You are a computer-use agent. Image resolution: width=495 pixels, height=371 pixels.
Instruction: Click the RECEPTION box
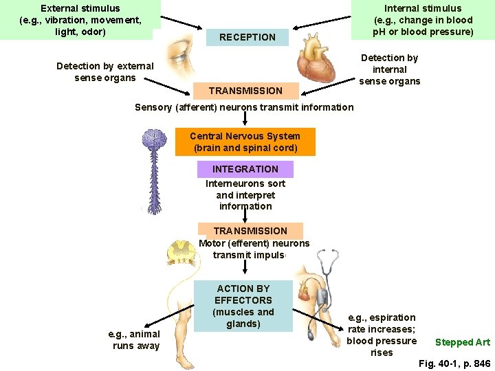pos(247,37)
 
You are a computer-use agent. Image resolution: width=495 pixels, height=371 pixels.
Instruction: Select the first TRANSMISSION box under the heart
pos(245,91)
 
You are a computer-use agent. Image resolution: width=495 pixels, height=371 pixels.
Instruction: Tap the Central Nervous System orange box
pos(245,142)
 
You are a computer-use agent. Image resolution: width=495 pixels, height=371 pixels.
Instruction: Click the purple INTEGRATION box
pos(245,169)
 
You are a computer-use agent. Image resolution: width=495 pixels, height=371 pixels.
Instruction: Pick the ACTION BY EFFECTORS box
pos(243,306)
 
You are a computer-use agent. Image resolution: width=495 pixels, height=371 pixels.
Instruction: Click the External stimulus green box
pos(80,19)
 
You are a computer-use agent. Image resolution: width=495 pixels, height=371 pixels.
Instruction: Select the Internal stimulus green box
pos(423,19)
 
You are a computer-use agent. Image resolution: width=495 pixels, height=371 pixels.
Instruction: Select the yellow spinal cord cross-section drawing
pos(181,252)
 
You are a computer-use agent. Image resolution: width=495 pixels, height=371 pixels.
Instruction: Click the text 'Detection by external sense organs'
pos(105,71)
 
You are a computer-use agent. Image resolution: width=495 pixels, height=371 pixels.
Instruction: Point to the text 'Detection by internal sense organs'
pos(389,69)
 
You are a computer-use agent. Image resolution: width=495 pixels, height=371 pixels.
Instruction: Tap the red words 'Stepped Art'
pos(463,342)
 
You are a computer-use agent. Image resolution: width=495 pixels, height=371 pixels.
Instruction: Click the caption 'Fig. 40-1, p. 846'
pos(454,363)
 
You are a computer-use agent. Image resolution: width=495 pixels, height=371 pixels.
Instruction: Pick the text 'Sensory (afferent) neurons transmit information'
pos(244,107)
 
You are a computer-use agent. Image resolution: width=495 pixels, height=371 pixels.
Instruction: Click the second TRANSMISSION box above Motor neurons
pos(250,231)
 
